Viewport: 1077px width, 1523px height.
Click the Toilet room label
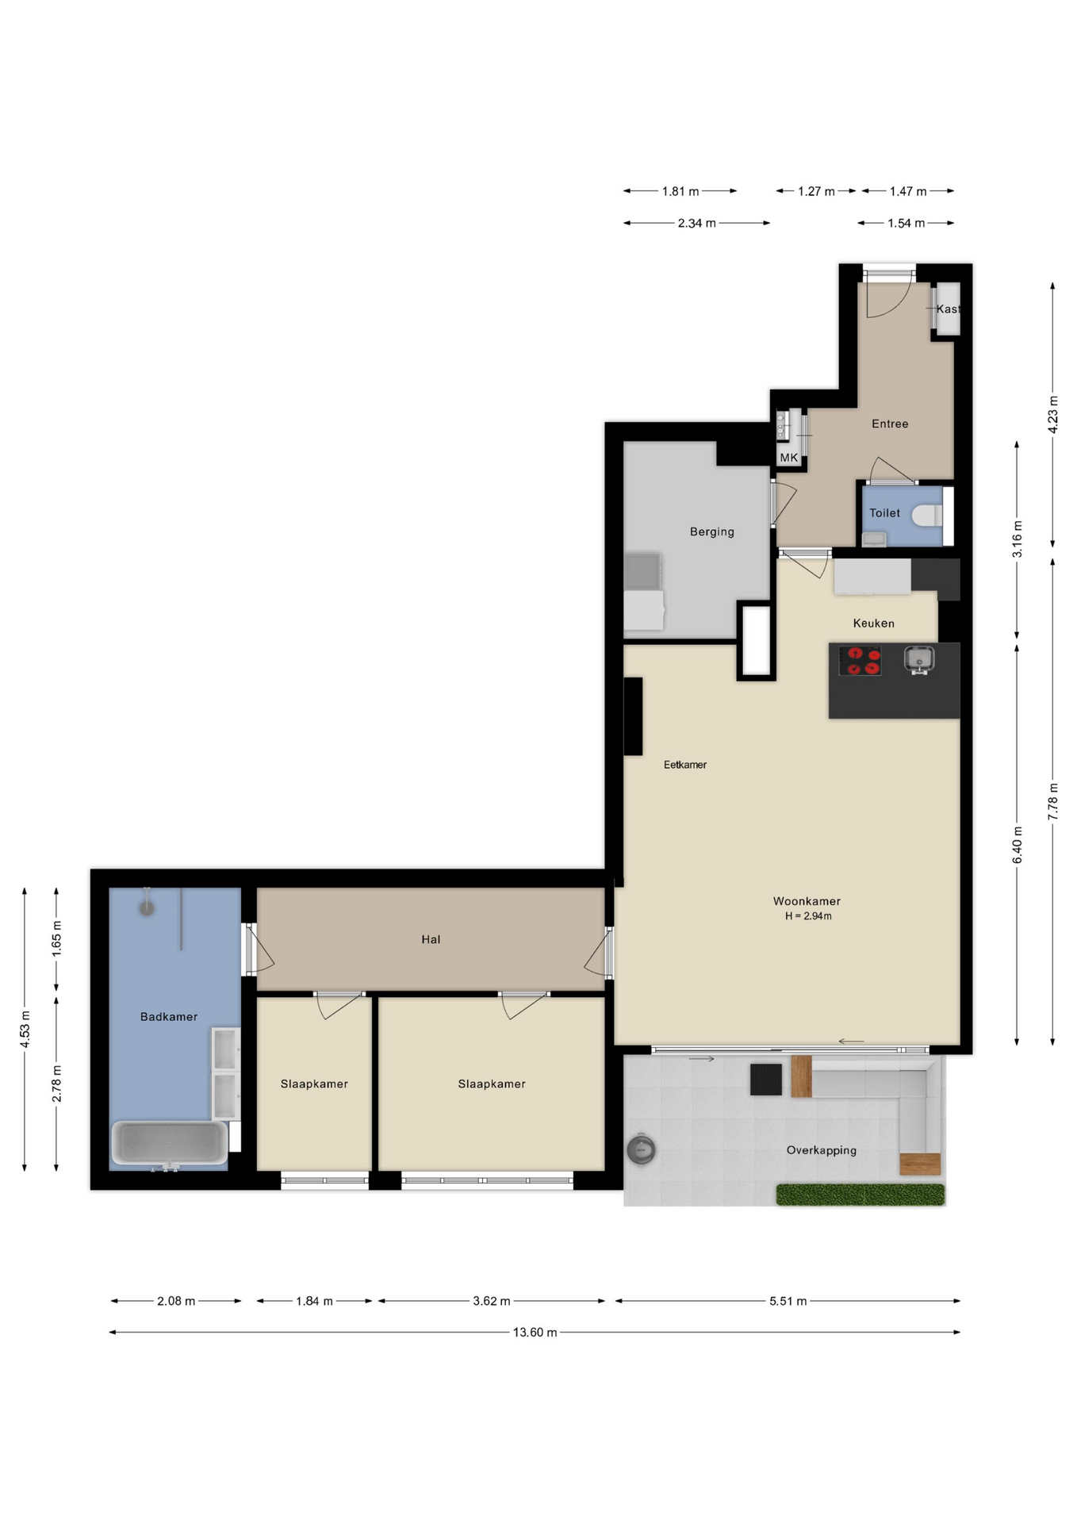pos(884,513)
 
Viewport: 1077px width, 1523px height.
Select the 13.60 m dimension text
pos(535,1332)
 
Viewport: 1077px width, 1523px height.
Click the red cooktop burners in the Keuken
pos(860,661)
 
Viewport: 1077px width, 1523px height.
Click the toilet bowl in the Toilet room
pos(926,516)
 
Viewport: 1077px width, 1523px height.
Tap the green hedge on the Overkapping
pos(860,1195)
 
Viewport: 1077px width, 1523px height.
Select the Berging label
pos(712,531)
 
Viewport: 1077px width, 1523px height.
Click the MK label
pos(789,458)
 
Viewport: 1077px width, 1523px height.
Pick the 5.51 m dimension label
pos(788,1301)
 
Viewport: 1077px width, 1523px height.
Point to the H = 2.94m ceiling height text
pos(808,916)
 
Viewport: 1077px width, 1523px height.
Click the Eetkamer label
pos(685,765)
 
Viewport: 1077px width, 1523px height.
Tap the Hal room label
pos(431,939)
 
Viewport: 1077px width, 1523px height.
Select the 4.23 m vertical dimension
pos(1053,414)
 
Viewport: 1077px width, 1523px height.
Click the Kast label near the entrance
pos(949,309)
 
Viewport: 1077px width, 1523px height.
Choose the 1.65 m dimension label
pos(56,938)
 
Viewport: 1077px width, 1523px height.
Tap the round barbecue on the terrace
pos(641,1149)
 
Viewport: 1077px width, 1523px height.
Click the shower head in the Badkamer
pos(147,907)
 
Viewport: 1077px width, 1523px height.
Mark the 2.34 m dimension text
pos(696,224)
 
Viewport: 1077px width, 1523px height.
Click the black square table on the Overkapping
pos(766,1080)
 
